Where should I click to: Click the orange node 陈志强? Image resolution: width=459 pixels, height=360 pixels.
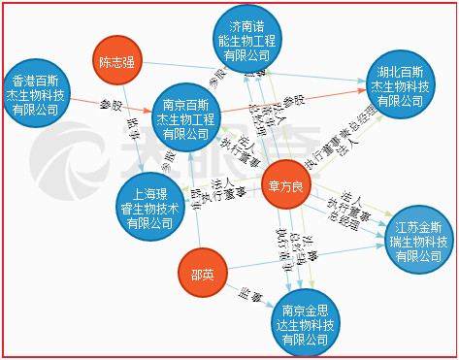(x=117, y=63)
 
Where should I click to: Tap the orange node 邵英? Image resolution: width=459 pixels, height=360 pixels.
(x=203, y=275)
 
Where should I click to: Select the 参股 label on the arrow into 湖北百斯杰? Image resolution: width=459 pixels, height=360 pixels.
(x=293, y=101)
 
